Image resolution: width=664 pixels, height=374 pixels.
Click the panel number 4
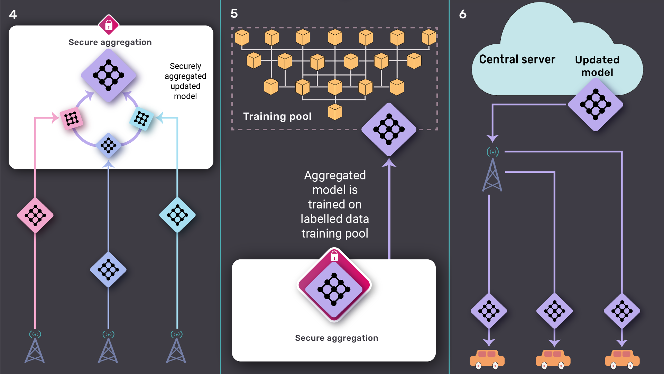click(x=13, y=15)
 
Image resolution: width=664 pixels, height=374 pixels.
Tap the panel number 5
click(x=234, y=14)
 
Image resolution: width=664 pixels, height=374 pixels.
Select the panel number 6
click(x=463, y=14)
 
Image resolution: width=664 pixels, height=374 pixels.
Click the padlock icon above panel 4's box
click(x=109, y=25)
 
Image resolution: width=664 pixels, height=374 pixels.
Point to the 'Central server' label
click(x=517, y=59)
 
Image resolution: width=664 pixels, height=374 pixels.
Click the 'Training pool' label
click(x=277, y=116)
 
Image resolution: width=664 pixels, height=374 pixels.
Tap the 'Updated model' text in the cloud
click(x=597, y=66)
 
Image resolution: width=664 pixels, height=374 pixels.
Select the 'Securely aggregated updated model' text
click(x=185, y=81)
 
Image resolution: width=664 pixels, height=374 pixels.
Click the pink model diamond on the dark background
click(x=35, y=215)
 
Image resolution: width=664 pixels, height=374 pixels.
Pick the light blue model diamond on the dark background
click(x=177, y=215)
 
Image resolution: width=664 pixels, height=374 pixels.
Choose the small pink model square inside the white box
click(x=72, y=119)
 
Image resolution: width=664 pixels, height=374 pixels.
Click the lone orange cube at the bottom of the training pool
click(x=335, y=112)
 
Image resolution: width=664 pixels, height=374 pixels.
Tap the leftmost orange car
click(x=487, y=359)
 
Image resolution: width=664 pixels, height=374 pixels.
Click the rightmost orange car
click(x=622, y=359)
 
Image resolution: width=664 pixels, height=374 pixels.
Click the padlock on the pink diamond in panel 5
click(x=334, y=256)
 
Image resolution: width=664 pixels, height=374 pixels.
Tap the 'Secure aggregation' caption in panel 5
click(x=336, y=338)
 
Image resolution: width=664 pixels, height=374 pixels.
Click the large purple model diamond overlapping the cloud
click(x=596, y=104)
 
